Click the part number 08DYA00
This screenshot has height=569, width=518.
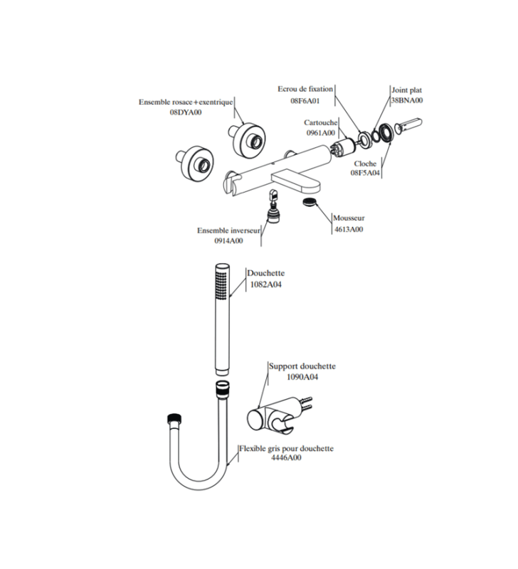(186, 112)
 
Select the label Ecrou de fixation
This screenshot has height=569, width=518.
(305, 89)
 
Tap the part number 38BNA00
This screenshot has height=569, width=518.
(407, 100)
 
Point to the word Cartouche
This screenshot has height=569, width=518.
(321, 122)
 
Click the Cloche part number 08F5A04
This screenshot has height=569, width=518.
(365, 173)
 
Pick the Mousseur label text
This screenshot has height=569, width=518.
(349, 218)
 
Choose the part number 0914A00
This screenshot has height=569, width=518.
(228, 240)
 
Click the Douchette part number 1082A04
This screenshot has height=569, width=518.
(265, 284)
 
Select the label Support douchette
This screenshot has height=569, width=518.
(302, 366)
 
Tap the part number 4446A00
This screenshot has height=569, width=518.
(286, 457)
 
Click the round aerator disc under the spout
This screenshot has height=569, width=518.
(310, 202)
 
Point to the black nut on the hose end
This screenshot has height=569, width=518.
(176, 418)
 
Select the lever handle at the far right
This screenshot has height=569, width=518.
(408, 125)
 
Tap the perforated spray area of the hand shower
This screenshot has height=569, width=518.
(221, 284)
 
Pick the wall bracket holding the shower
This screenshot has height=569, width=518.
(280, 415)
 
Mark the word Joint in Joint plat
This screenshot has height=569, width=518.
(399, 90)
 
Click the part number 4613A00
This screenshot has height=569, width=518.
(349, 229)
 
